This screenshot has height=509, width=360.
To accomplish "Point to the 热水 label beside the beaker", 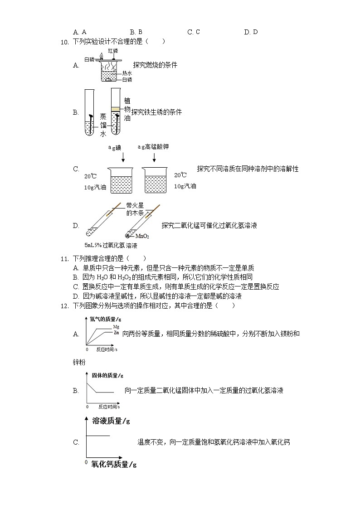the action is pos(127,73).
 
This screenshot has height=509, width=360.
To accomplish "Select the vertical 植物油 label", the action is pos(127,110).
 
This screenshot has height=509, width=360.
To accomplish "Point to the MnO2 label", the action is pos(142,236).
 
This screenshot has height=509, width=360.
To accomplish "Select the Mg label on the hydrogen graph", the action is pos(116,326).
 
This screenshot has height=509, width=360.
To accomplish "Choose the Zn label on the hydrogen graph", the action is pos(116,333).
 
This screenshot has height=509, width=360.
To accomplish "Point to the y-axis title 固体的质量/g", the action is pos(107,375).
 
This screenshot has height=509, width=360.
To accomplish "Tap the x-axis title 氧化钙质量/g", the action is pos(113,464).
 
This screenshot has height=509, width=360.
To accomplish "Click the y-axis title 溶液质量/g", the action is pos(111,421).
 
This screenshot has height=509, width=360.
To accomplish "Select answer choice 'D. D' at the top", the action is pos(251,32).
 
